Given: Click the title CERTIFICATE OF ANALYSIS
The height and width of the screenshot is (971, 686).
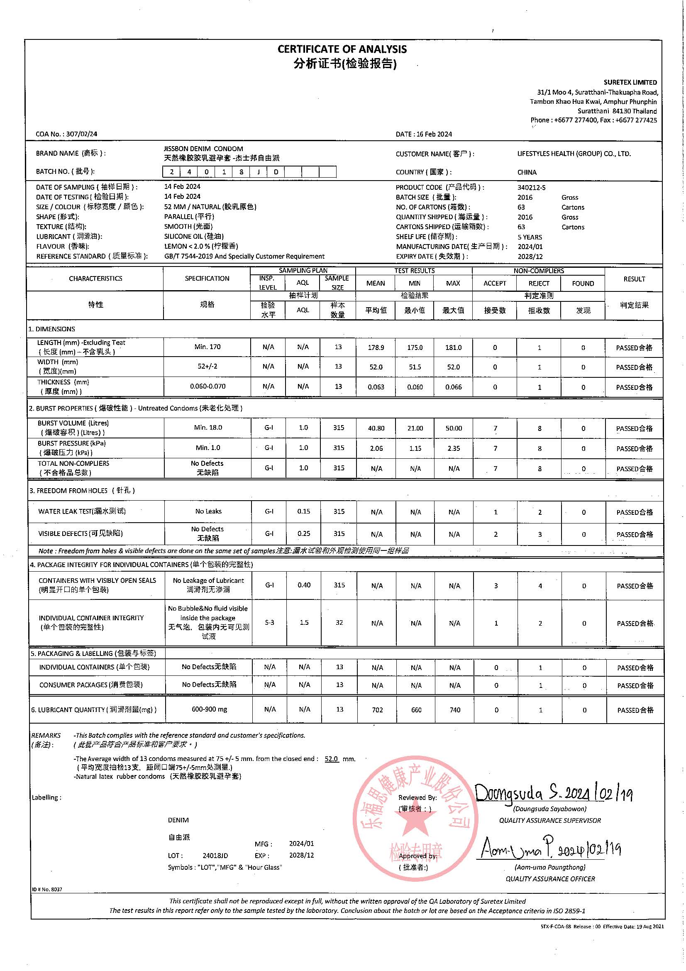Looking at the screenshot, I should [x=342, y=49].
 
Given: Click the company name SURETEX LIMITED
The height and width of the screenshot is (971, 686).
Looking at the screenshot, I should [x=630, y=82].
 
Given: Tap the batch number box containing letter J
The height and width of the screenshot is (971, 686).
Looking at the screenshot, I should [x=258, y=172].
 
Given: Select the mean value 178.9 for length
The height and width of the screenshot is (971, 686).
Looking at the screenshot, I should [x=376, y=347].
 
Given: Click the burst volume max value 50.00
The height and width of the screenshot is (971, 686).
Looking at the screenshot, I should [x=453, y=428].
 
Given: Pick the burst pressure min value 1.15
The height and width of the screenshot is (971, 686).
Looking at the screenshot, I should [x=415, y=448].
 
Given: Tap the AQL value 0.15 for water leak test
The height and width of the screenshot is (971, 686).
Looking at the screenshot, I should [x=303, y=511].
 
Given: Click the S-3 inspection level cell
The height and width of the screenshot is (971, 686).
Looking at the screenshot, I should [x=269, y=623].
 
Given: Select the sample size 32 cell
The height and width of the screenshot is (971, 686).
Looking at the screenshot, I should [x=339, y=623].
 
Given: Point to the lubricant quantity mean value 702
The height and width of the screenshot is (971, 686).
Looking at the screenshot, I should [x=376, y=709].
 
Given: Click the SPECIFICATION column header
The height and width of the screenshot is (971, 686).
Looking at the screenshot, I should [x=207, y=278].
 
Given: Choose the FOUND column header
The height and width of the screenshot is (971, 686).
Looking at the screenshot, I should [x=582, y=284].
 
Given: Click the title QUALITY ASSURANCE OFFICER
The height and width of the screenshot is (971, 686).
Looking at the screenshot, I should [x=550, y=878].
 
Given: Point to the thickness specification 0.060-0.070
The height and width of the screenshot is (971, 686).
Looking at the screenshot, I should [x=207, y=386].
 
